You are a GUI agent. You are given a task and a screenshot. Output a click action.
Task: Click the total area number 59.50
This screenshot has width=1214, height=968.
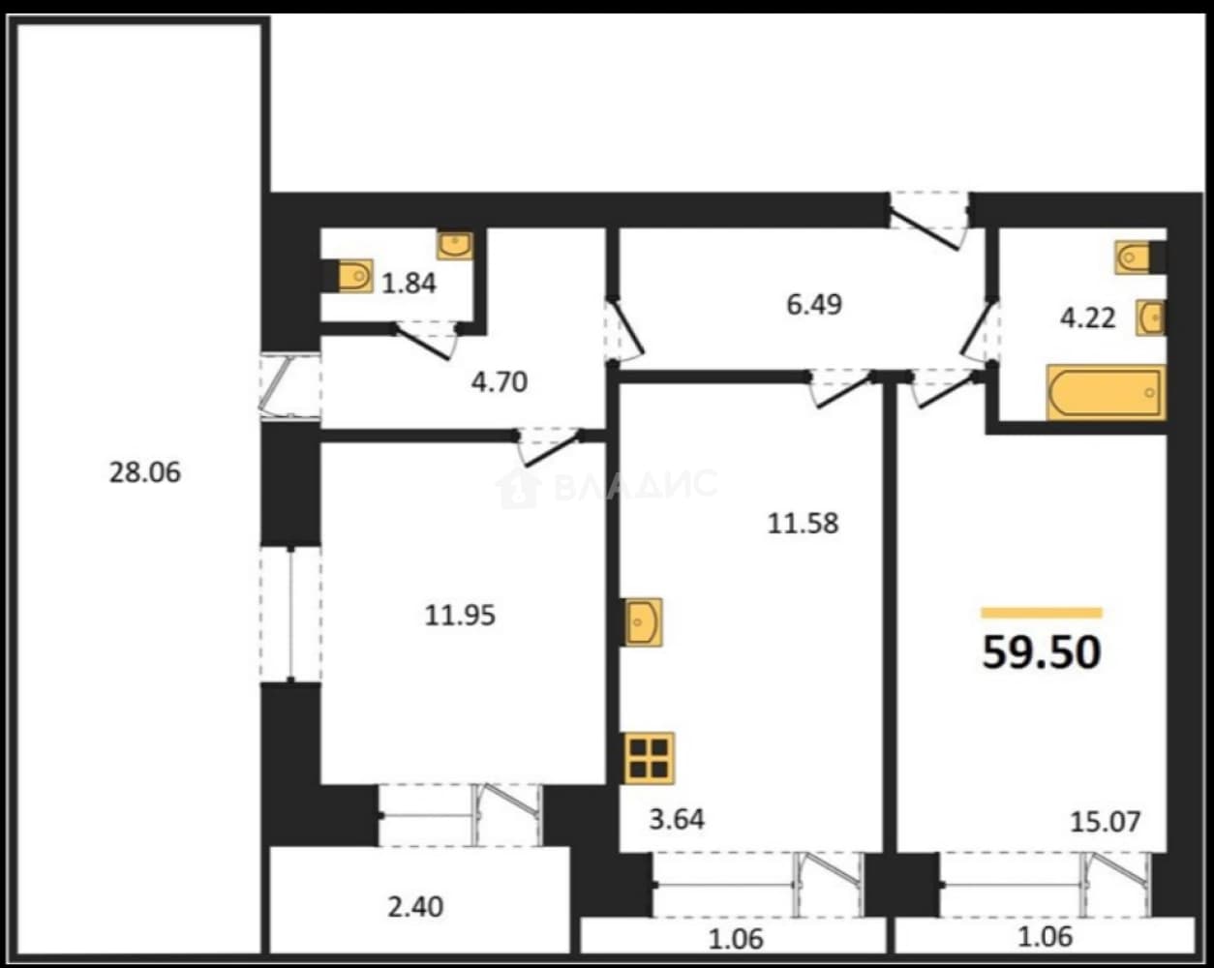(1042, 652)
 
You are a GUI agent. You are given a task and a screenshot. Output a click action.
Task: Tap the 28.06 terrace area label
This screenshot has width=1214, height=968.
(144, 472)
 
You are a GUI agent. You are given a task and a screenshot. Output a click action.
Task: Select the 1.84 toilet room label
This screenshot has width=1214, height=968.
(409, 284)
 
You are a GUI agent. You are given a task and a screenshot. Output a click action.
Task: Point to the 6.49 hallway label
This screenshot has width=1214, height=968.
(814, 305)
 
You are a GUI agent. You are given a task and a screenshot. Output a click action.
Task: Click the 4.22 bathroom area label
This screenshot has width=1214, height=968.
(1087, 318)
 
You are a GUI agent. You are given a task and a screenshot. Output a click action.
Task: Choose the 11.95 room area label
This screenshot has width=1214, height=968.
(460, 615)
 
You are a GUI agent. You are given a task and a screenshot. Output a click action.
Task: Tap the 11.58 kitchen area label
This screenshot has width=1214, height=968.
(803, 523)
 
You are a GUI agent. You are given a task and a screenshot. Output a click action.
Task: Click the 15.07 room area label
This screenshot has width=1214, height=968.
(1106, 821)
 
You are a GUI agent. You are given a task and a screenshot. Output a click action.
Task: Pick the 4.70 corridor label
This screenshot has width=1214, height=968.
(500, 382)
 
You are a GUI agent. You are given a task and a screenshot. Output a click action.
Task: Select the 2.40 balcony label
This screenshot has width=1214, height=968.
(415, 907)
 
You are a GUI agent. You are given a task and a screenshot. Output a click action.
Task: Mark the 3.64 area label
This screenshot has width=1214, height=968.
(677, 820)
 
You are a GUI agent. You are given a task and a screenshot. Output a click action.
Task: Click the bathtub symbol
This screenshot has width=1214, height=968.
(1106, 393)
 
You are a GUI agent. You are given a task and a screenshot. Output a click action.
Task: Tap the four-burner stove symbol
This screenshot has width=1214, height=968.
(650, 758)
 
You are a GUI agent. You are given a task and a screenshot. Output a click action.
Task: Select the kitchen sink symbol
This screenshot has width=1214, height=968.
(643, 622)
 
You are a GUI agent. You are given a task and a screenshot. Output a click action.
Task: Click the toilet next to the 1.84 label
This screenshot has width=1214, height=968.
(355, 277)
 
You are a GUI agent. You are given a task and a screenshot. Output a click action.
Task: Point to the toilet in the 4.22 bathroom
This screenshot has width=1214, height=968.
(1133, 257)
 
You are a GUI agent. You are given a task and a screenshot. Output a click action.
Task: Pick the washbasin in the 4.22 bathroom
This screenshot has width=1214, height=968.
(1151, 318)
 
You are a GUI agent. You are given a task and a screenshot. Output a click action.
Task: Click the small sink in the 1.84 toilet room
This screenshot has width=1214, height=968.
(455, 245)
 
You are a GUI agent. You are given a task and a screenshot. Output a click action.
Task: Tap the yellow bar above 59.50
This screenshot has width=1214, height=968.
(1042, 613)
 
